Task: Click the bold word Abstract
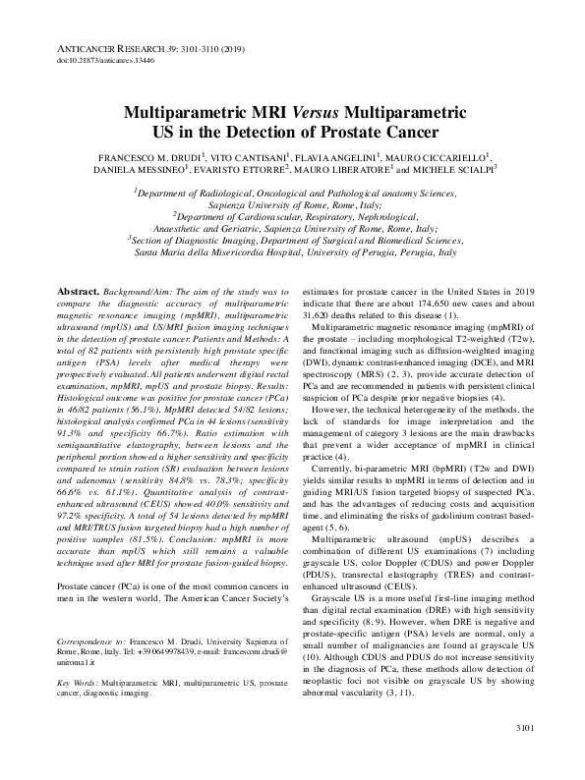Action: (78, 293)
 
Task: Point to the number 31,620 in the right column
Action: (320, 315)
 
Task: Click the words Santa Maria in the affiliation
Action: (131, 252)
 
